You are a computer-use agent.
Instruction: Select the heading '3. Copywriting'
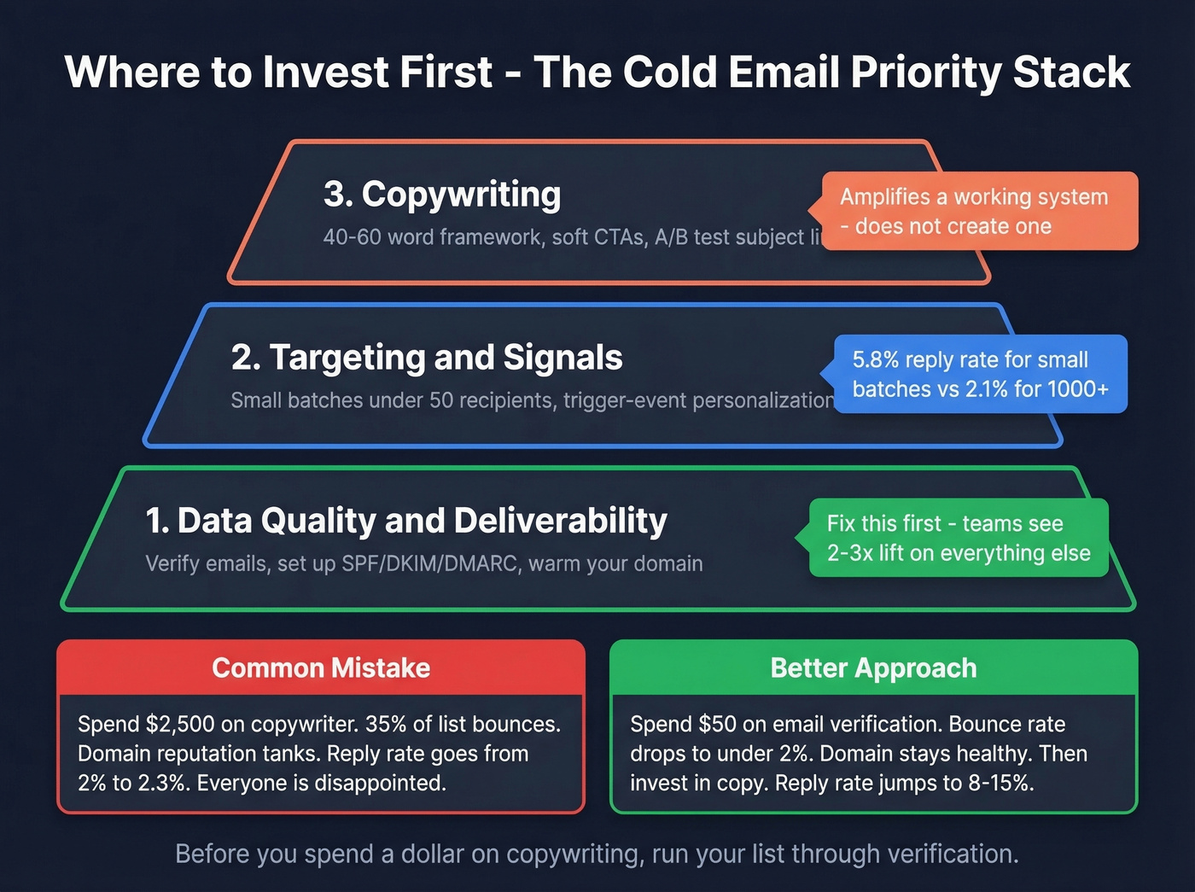(442, 194)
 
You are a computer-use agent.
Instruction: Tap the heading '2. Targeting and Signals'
(427, 358)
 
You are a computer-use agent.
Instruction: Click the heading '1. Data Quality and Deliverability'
(406, 521)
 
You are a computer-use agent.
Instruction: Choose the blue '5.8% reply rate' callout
(980, 374)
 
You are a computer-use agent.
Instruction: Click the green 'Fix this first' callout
(958, 538)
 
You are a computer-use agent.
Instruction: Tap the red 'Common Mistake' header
(321, 668)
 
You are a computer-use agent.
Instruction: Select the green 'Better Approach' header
(873, 668)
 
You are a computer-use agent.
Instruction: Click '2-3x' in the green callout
(849, 553)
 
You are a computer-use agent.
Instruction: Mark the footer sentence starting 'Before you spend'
(597, 854)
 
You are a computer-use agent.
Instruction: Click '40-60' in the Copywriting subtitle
(352, 237)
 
